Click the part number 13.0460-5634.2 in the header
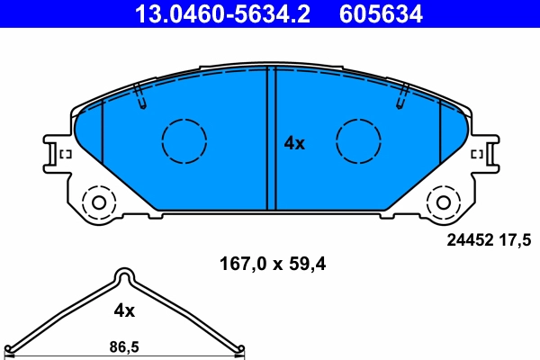(x=224, y=13)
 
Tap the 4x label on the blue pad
(x=294, y=142)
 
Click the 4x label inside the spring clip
(x=123, y=310)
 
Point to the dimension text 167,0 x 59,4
(x=271, y=265)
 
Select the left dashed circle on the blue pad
(x=184, y=140)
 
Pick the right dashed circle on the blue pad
(x=358, y=140)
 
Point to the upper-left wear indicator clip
(x=139, y=95)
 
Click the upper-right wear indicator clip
(x=401, y=95)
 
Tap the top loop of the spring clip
(x=124, y=274)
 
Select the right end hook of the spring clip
(x=238, y=348)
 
